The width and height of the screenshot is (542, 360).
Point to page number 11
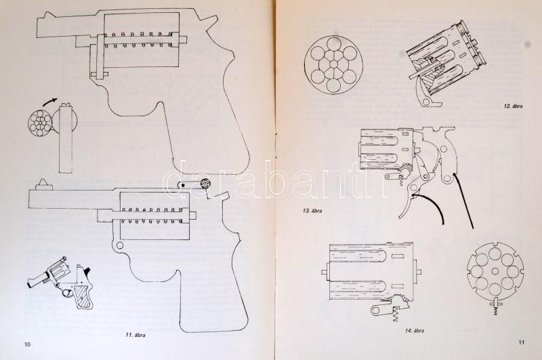pyautogui.click(x=521, y=342)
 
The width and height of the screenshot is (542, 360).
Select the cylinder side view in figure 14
pyautogui.click(x=369, y=271)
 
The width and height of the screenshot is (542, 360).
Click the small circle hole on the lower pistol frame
pyautogui.click(x=120, y=244)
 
